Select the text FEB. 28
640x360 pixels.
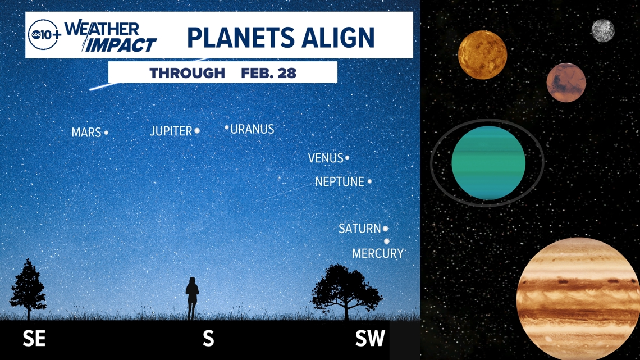pyautogui.click(x=268, y=73)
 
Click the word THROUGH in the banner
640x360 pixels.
pyautogui.click(x=188, y=73)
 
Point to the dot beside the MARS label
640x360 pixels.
pyautogui.click(x=106, y=132)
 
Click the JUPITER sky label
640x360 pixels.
pyautogui.click(x=171, y=131)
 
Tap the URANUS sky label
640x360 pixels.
pyautogui.click(x=252, y=129)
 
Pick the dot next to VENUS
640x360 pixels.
pyautogui.click(x=347, y=158)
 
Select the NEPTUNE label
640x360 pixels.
pyautogui.click(x=339, y=181)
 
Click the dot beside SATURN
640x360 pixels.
pyautogui.click(x=385, y=229)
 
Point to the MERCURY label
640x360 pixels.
pyautogui.click(x=378, y=253)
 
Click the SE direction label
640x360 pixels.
pyautogui.click(x=34, y=338)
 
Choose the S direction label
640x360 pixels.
pyautogui.click(x=208, y=338)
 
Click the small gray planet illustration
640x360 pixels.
pyautogui.click(x=603, y=31)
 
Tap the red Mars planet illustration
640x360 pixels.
pyautogui.click(x=566, y=83)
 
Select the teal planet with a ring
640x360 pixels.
pyautogui.click(x=488, y=163)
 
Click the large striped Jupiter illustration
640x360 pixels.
pyautogui.click(x=578, y=298)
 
